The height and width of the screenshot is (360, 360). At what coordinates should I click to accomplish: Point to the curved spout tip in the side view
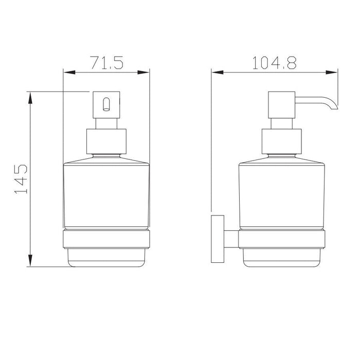[x=334, y=105]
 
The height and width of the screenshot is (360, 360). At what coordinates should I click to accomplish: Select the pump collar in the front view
[x=106, y=142]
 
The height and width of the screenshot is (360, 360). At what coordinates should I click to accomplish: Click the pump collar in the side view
[x=280, y=142]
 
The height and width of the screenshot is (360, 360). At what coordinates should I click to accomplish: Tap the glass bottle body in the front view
[x=106, y=195]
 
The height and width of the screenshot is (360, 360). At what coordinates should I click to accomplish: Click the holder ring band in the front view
[x=106, y=239]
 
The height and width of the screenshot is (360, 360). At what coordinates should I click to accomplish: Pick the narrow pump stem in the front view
[x=106, y=123]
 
